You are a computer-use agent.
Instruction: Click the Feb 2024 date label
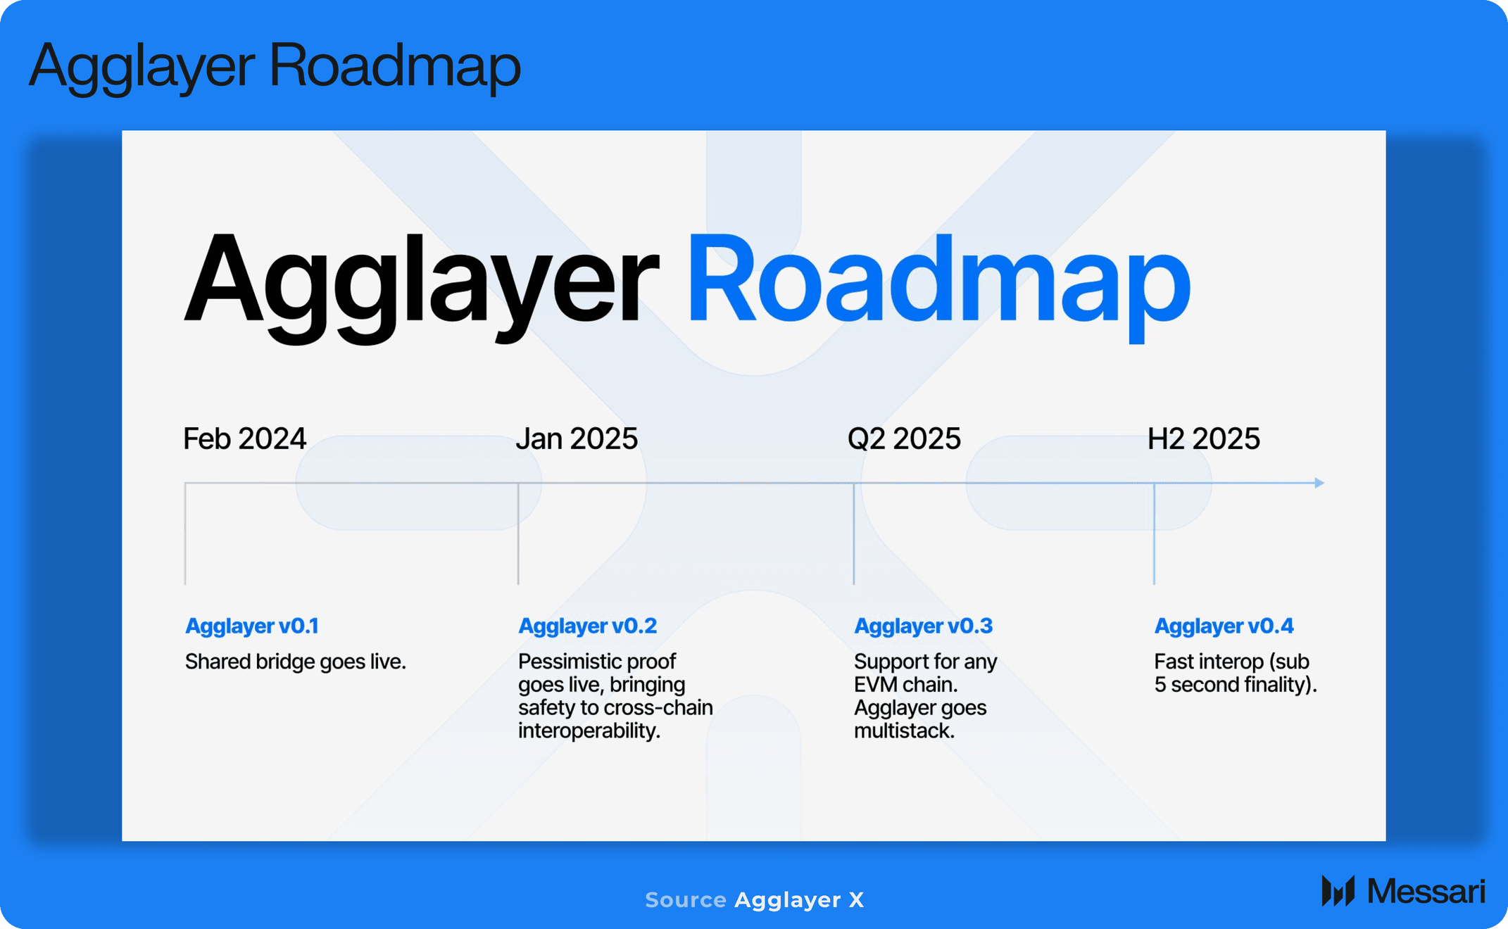(x=244, y=438)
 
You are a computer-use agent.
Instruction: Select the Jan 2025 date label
(x=577, y=438)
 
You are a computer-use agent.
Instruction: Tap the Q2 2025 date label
(x=904, y=438)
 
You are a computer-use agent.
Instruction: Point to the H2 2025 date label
(x=1204, y=438)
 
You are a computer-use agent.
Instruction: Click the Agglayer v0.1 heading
(x=252, y=626)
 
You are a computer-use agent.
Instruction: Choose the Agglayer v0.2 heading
(x=588, y=626)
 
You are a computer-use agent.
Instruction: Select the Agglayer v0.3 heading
(x=924, y=626)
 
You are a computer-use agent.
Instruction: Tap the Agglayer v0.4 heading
(x=1224, y=626)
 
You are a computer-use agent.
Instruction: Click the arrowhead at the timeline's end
(x=1319, y=483)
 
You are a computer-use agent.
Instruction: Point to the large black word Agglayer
(x=421, y=285)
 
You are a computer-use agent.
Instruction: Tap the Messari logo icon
(x=1338, y=891)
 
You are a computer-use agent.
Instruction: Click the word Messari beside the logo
(x=1426, y=891)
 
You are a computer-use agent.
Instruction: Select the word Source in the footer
(x=686, y=899)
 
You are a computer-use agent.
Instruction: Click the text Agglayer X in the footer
(x=799, y=900)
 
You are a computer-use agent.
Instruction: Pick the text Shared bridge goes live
(x=296, y=662)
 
